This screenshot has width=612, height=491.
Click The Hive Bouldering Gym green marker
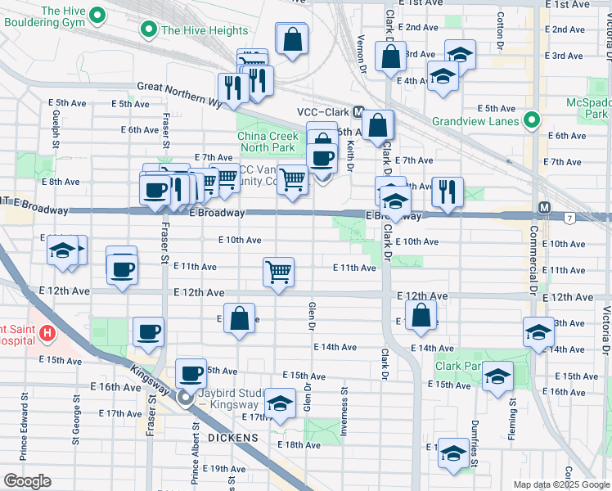(x=98, y=15)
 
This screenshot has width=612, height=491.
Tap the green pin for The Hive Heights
(x=148, y=31)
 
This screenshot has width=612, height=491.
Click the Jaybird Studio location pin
(x=185, y=399)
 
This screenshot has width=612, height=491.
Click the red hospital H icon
(x=47, y=333)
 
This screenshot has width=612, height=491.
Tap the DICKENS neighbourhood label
(x=232, y=439)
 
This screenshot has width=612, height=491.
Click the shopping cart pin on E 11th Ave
(x=279, y=273)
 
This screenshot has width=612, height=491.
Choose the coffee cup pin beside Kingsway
(x=191, y=374)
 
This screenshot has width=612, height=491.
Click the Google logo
(x=27, y=481)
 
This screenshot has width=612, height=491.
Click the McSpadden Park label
(x=587, y=109)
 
